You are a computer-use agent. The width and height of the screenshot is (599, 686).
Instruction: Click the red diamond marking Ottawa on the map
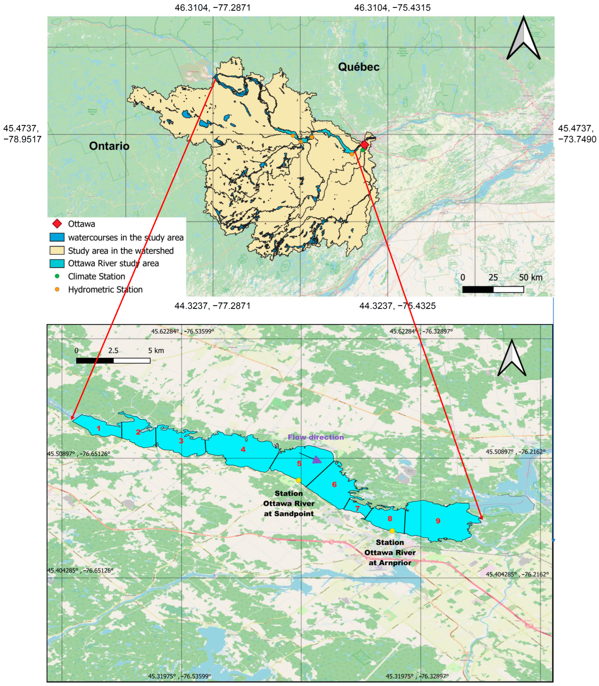(364, 145)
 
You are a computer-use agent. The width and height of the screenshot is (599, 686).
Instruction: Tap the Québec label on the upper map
(359, 67)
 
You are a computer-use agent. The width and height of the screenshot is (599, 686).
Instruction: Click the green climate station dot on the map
(362, 150)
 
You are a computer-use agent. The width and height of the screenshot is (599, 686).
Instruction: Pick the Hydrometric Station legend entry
(105, 289)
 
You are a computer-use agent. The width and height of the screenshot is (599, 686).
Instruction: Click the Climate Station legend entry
(96, 276)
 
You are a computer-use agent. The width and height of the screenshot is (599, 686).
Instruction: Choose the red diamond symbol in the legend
(57, 224)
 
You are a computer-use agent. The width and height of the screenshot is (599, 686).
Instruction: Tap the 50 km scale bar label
(530, 277)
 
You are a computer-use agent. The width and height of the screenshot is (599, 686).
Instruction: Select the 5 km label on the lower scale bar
(156, 351)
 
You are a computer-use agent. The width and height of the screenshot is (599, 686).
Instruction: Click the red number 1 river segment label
(98, 428)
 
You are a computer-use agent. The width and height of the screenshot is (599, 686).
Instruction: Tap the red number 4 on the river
(243, 449)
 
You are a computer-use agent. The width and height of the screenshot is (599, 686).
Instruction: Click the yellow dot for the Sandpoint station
(299, 480)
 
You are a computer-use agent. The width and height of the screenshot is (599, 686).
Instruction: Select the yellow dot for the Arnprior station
(392, 531)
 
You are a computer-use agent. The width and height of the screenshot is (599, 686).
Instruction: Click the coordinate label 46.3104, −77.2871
(213, 7)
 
